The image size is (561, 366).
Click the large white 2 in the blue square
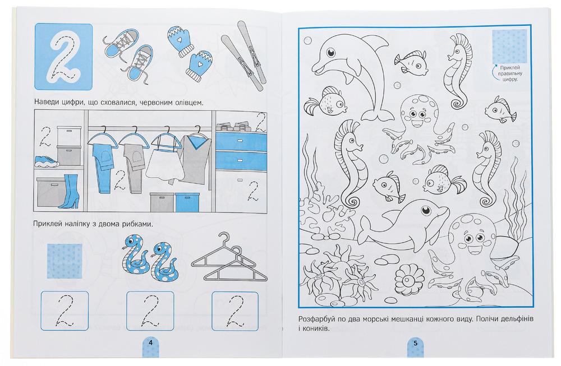pyautogui.click(x=63, y=57)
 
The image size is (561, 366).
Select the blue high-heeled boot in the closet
pyautogui.click(x=70, y=191)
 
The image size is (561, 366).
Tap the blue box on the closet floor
pyautogui.click(x=187, y=202)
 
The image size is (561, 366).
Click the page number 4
pyautogui.click(x=150, y=342)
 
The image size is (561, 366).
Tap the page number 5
pyautogui.click(x=415, y=343)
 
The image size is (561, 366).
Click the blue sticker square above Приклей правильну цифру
pyautogui.click(x=509, y=47)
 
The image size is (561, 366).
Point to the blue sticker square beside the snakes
pyautogui.click(x=65, y=261)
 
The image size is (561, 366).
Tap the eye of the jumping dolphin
pyautogui.click(x=331, y=53)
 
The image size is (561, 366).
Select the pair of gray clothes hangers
pyautogui.click(x=229, y=258)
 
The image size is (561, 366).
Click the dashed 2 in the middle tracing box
pyautogui.click(x=150, y=311)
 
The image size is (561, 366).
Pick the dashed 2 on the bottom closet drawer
pyautogui.click(x=254, y=191)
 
